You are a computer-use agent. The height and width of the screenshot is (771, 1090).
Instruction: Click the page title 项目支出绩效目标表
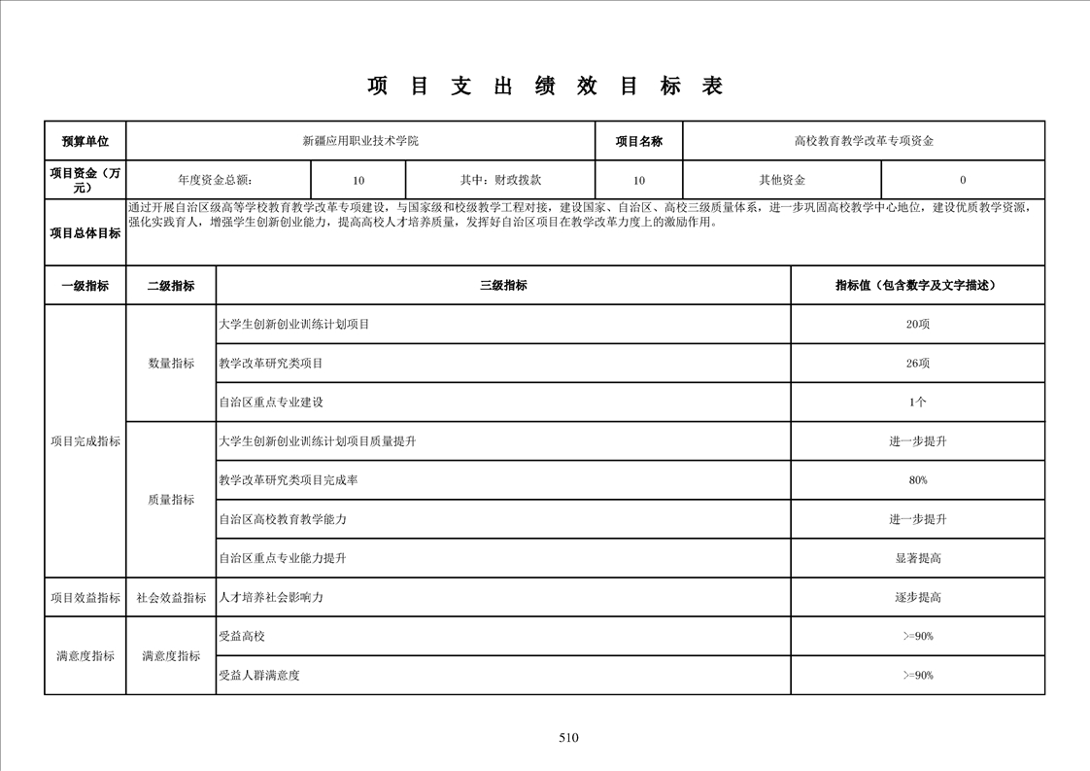(545, 87)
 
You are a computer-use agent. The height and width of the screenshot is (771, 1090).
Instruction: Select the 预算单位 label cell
(85, 141)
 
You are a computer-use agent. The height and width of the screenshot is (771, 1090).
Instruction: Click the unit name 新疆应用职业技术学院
(360, 141)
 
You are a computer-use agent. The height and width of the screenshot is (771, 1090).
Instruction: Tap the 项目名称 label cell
(638, 141)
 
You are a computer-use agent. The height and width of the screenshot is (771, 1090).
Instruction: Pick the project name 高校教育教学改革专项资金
(864, 141)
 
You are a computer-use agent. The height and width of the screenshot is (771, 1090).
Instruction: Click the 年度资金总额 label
(219, 180)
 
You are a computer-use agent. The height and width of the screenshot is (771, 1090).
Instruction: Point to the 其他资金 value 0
(963, 180)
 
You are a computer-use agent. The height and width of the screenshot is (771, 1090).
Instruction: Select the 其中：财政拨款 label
(500, 180)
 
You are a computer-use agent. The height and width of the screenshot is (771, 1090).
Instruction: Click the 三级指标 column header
(503, 286)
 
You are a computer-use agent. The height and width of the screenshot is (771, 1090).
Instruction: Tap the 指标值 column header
(917, 286)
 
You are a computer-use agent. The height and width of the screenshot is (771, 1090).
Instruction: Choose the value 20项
(917, 324)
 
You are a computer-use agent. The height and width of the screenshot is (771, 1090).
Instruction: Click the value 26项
(917, 364)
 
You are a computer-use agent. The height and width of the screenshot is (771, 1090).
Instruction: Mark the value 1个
(917, 403)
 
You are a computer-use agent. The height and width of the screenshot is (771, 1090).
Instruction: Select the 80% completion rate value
(917, 480)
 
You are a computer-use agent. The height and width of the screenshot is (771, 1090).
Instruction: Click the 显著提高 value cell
(917, 558)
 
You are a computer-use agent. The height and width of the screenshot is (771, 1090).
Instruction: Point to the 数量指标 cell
(171, 364)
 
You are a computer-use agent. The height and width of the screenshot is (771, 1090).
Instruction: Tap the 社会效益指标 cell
(171, 598)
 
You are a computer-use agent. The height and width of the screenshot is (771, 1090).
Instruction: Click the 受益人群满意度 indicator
(259, 676)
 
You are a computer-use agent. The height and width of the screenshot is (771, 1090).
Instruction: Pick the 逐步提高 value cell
(917, 598)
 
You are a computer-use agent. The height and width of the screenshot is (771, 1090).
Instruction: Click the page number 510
(568, 738)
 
